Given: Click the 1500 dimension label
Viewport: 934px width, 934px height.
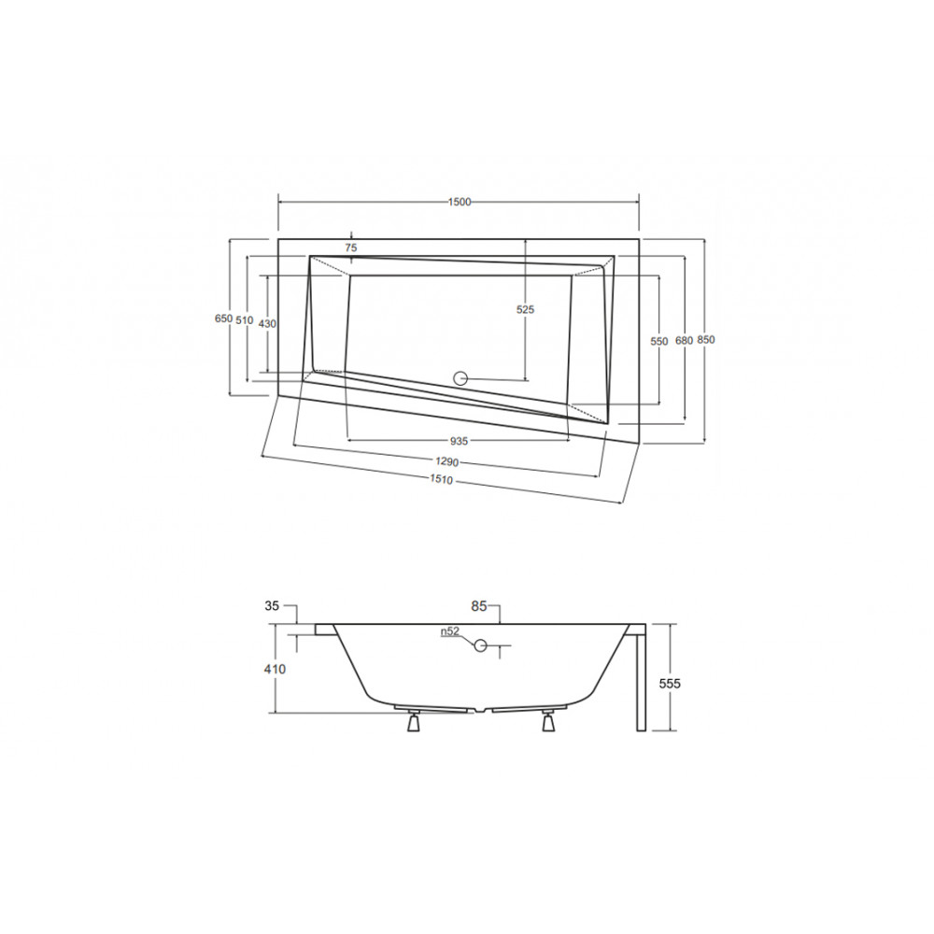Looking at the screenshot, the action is [x=460, y=202].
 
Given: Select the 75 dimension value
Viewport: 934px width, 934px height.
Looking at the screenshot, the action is [x=351, y=248].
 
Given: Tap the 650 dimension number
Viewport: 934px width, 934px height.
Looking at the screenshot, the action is [x=223, y=318].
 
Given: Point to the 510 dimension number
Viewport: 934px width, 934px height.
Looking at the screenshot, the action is [x=245, y=320].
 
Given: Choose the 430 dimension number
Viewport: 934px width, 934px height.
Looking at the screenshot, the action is [x=268, y=323].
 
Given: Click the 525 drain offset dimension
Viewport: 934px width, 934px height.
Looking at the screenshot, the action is [x=525, y=309].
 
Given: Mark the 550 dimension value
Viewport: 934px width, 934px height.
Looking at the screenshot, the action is [x=659, y=341].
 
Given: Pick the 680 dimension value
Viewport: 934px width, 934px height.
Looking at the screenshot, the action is [x=684, y=341].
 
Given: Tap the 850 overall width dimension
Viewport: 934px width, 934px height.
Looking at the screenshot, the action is [x=706, y=340].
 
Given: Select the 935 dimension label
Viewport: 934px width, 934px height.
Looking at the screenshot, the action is [x=459, y=441].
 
